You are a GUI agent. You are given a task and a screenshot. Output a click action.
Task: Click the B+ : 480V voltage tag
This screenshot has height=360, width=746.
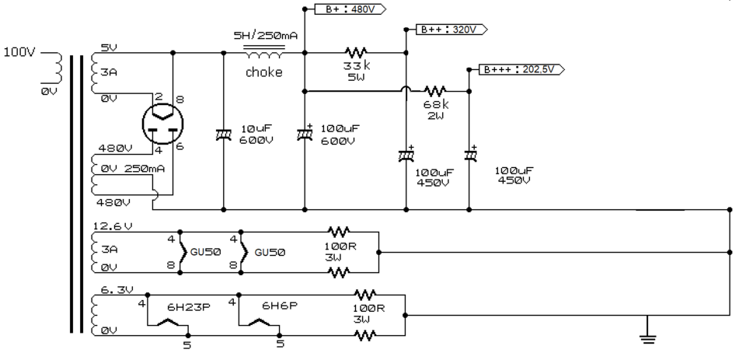pyautogui.click(x=350, y=9)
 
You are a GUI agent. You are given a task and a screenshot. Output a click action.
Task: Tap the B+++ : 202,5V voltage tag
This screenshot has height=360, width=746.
pyautogui.click(x=521, y=69)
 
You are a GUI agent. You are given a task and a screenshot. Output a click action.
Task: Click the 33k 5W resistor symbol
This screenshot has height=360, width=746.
pyautogui.click(x=357, y=52)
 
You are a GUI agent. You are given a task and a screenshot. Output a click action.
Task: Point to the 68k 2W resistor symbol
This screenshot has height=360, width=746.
pyautogui.click(x=435, y=90)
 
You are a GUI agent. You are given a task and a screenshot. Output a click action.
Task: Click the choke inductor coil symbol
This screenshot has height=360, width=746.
pyautogui.click(x=264, y=54)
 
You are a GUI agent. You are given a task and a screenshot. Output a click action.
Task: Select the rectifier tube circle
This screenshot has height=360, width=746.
pyautogui.click(x=162, y=124)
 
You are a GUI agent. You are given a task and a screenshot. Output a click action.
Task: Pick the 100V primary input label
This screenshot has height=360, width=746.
pyautogui.click(x=19, y=52)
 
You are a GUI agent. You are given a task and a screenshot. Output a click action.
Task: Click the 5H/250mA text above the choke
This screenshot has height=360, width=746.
pyautogui.click(x=266, y=36)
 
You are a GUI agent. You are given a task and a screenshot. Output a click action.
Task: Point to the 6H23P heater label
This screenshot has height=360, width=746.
pyautogui.click(x=189, y=308)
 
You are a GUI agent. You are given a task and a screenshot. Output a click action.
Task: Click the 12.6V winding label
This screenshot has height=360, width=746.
pyautogui.click(x=112, y=226)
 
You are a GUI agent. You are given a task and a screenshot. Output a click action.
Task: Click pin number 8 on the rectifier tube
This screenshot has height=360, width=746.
pyautogui.click(x=180, y=100)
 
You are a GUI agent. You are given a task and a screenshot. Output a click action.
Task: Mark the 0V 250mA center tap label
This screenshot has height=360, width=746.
pyautogui.click(x=131, y=169)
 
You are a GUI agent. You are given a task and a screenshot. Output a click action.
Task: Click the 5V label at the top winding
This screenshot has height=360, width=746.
pyautogui.click(x=109, y=47)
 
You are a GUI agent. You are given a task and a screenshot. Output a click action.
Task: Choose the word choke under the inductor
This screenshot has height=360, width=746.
pyautogui.click(x=264, y=72)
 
